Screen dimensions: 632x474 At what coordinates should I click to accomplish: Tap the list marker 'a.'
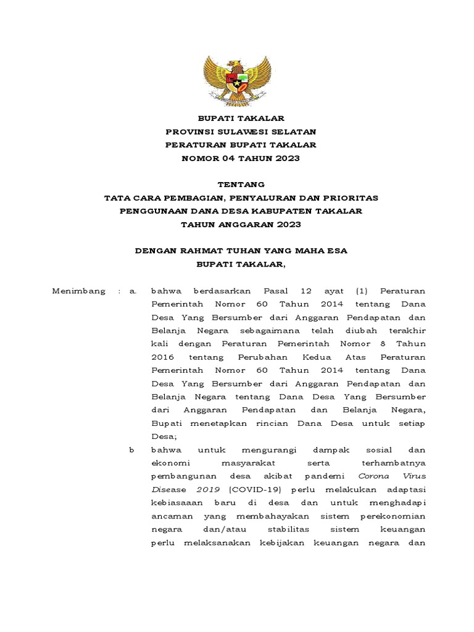(x=132, y=291)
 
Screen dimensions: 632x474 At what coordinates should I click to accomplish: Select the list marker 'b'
(x=131, y=451)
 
